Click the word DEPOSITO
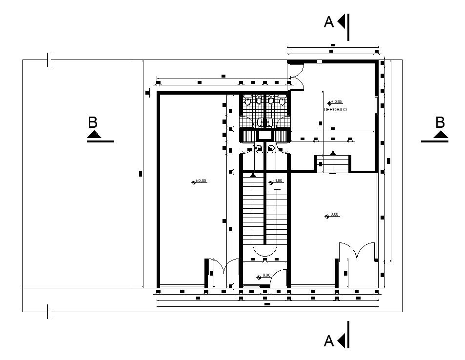click(x=335, y=110)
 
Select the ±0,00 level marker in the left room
click(x=200, y=181)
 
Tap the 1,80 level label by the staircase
click(x=278, y=181)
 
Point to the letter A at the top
click(x=329, y=22)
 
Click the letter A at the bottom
click(x=329, y=341)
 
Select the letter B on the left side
click(x=93, y=122)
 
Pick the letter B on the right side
click(x=441, y=122)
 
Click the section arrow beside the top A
click(x=342, y=21)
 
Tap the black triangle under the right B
click(x=441, y=136)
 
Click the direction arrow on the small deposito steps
click(x=333, y=153)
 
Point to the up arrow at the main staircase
click(x=253, y=174)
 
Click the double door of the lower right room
click(x=356, y=253)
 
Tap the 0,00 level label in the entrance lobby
click(x=266, y=276)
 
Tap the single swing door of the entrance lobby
click(x=279, y=278)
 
